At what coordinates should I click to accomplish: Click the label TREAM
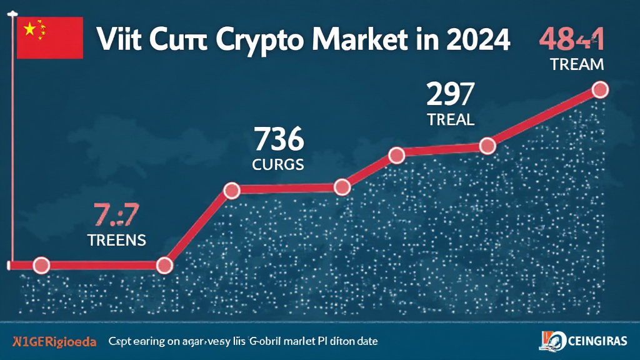(x=577, y=64)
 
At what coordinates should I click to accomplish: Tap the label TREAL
(x=451, y=119)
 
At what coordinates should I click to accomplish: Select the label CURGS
(x=279, y=165)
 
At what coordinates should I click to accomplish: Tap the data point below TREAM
(x=599, y=90)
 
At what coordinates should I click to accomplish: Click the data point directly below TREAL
(x=487, y=146)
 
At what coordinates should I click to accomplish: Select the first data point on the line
(x=41, y=265)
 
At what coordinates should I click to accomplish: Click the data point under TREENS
(x=164, y=265)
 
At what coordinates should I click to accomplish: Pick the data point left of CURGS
(x=232, y=189)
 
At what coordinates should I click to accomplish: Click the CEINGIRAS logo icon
(x=546, y=342)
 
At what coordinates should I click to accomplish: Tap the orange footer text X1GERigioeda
(x=54, y=342)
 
